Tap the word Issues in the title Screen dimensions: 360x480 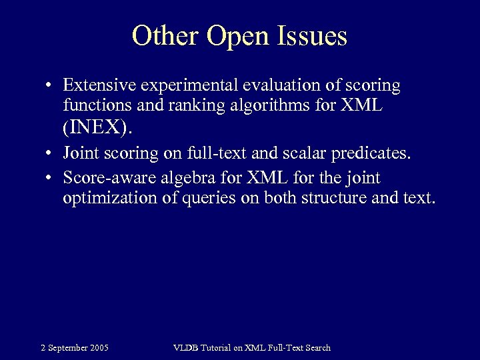(x=313, y=36)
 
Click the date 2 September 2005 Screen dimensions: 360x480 (x=75, y=347)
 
